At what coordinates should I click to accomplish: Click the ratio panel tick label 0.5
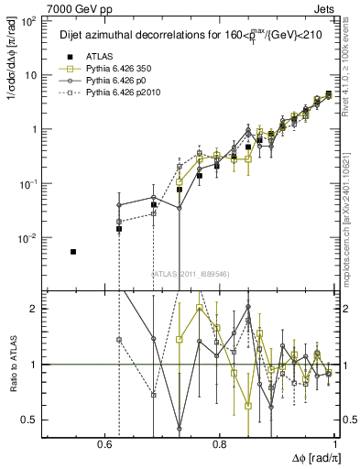(x=31, y=420)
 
